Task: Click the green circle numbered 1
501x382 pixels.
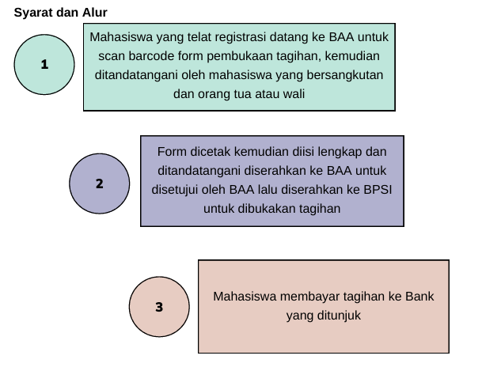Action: pyautogui.click(x=44, y=64)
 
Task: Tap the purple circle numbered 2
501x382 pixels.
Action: pyautogui.click(x=100, y=183)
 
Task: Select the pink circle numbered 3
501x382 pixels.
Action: pyautogui.click(x=159, y=306)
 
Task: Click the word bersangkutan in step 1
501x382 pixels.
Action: pyautogui.click(x=348, y=75)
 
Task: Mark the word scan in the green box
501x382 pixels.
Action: pyautogui.click(x=112, y=56)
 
